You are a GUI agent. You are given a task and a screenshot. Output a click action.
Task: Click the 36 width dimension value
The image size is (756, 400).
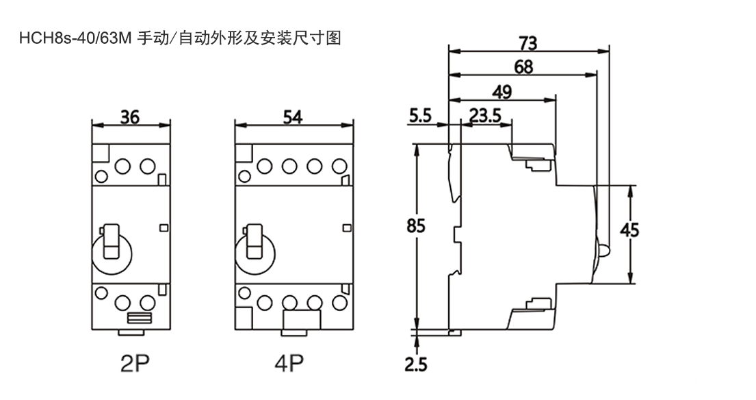[130, 117]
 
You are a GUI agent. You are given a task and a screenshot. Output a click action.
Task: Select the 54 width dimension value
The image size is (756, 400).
[294, 117]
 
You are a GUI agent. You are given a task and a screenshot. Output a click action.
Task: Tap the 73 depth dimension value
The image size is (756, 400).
[527, 43]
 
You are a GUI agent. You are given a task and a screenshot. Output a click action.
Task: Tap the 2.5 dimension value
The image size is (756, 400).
[415, 363]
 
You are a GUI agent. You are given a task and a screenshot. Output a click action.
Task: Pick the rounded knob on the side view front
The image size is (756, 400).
[605, 249]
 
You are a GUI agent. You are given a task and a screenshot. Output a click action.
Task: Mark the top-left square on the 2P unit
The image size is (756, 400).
[100, 153]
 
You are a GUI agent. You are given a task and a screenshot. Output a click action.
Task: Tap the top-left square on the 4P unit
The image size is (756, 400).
[244, 153]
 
